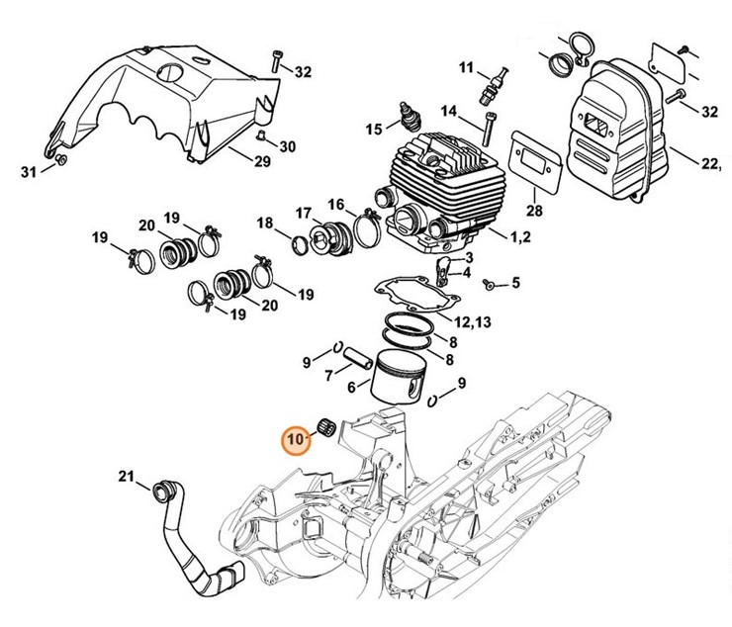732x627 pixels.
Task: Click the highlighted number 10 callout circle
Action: pos(297,437)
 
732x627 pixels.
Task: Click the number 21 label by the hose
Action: pos(126,478)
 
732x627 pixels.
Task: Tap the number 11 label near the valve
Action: pos(466,67)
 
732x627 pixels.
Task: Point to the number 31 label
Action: pos(29,172)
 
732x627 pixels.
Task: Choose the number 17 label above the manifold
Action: pos(303,212)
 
